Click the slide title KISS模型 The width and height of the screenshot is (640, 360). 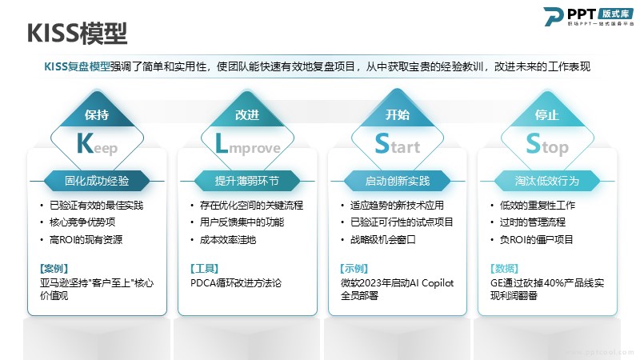click(77, 34)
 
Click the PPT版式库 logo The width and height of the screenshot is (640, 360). click(589, 17)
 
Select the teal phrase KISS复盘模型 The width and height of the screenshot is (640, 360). click(77, 66)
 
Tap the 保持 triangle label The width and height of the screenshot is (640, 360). click(97, 114)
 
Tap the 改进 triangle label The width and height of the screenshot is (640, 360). click(247, 114)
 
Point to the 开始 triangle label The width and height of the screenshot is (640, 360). click(397, 114)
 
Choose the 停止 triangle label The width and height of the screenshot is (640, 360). click(547, 114)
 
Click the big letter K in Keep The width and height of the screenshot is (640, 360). click(85, 143)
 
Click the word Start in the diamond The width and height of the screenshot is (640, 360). click(397, 144)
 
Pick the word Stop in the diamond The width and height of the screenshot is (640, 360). click(547, 145)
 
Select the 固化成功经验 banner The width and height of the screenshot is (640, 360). click(97, 181)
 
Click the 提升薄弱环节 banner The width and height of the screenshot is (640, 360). click(247, 181)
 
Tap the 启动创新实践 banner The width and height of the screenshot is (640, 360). click(397, 181)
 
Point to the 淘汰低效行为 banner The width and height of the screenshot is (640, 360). click(547, 181)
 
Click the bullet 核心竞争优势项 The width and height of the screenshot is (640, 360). click(82, 222)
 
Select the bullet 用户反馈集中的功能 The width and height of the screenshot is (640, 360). click(242, 222)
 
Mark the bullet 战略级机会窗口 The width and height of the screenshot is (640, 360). click(383, 239)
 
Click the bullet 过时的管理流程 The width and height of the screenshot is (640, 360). click(533, 222)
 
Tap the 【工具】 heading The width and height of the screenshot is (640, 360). click(204, 269)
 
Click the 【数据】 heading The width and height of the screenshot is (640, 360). click(505, 269)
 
